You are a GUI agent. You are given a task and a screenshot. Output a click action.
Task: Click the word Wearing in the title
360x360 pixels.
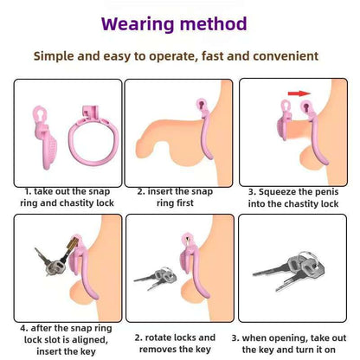pyautogui.click(x=138, y=25)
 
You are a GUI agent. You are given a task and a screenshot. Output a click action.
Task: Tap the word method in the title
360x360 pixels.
pyautogui.click(x=214, y=23)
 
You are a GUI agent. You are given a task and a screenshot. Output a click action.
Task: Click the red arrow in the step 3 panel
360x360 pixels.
pyautogui.click(x=299, y=93)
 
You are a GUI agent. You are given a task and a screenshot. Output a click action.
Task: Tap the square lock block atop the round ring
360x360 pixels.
pyautogui.click(x=91, y=112)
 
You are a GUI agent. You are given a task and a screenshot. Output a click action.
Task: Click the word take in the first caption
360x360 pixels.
pyautogui.click(x=43, y=191)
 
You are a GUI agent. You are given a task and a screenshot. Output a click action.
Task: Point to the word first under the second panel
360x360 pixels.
pyautogui.click(x=175, y=202)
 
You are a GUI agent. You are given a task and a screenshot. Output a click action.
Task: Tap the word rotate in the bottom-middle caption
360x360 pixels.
pyautogui.click(x=159, y=337)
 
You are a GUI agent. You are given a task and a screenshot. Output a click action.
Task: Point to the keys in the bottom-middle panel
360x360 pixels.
pyautogui.click(x=156, y=278)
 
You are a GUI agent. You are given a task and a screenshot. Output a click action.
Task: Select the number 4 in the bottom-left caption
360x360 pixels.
pyautogui.click(x=23, y=328)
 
